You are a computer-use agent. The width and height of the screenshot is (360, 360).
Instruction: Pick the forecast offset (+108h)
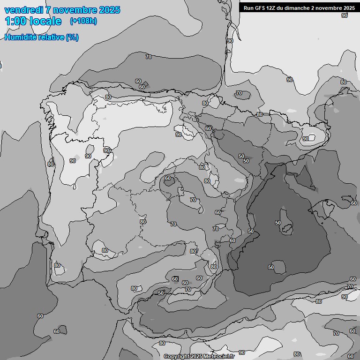(83, 21)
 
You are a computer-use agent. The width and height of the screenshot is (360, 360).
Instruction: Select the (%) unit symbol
(72, 37)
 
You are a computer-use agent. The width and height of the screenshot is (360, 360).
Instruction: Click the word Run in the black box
(248, 8)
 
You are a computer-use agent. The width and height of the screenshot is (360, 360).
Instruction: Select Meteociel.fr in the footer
(219, 357)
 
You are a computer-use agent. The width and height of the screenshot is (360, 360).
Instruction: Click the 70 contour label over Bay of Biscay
(149, 57)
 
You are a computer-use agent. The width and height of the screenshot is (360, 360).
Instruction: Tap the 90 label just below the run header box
(345, 15)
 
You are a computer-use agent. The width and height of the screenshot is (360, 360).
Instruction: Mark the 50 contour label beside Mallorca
(278, 223)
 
